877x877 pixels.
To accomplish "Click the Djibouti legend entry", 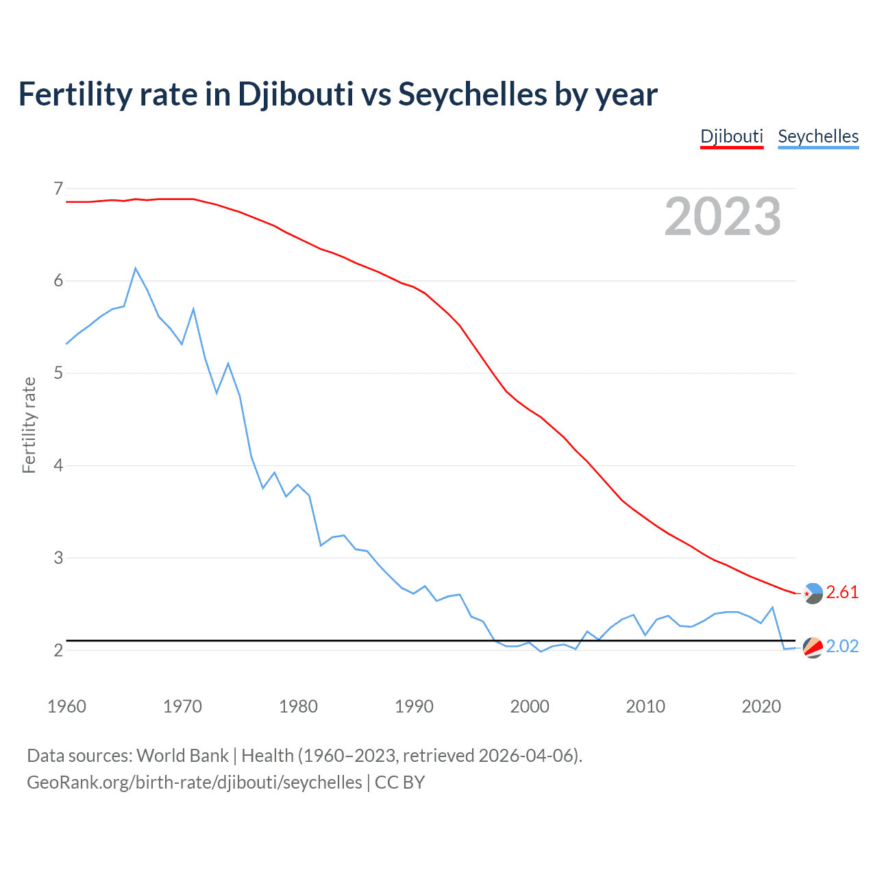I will tap(731, 136).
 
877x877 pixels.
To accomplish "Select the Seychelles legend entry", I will tap(818, 136).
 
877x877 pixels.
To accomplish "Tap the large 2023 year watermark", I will tap(722, 217).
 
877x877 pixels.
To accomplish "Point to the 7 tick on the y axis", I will tap(58, 188).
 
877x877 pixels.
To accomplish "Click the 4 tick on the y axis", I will tap(58, 465).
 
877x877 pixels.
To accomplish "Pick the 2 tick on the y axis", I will tap(58, 650).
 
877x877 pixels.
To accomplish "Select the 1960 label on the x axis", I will tap(66, 706).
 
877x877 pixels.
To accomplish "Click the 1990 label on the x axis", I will tap(414, 706).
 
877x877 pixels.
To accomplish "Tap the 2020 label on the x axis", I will tap(761, 706).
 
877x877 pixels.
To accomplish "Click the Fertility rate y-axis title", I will tap(29, 425).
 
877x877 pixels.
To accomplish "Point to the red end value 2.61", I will tap(842, 593).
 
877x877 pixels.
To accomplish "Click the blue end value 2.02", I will tap(842, 647).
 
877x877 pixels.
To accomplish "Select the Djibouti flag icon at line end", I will tap(813, 593).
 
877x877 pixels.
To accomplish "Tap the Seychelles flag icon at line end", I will tap(813, 647).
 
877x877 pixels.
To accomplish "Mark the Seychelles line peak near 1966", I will tap(136, 269).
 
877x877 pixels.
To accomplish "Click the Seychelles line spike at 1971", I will tap(193, 309).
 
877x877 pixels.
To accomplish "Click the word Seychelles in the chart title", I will tap(472, 94).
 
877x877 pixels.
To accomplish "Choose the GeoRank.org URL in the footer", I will tap(194, 782).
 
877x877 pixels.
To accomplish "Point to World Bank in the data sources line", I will tap(182, 756).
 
